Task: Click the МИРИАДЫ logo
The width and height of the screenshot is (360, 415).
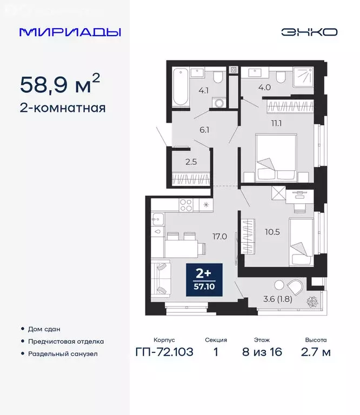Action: click(x=70, y=32)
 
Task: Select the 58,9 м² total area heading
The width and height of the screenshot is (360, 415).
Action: click(x=59, y=84)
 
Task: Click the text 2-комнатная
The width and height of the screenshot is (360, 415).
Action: click(x=62, y=108)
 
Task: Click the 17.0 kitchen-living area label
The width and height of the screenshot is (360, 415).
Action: click(x=219, y=236)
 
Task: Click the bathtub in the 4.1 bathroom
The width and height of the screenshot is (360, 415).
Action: click(x=179, y=85)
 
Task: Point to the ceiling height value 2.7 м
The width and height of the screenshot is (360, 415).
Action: click(x=315, y=353)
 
